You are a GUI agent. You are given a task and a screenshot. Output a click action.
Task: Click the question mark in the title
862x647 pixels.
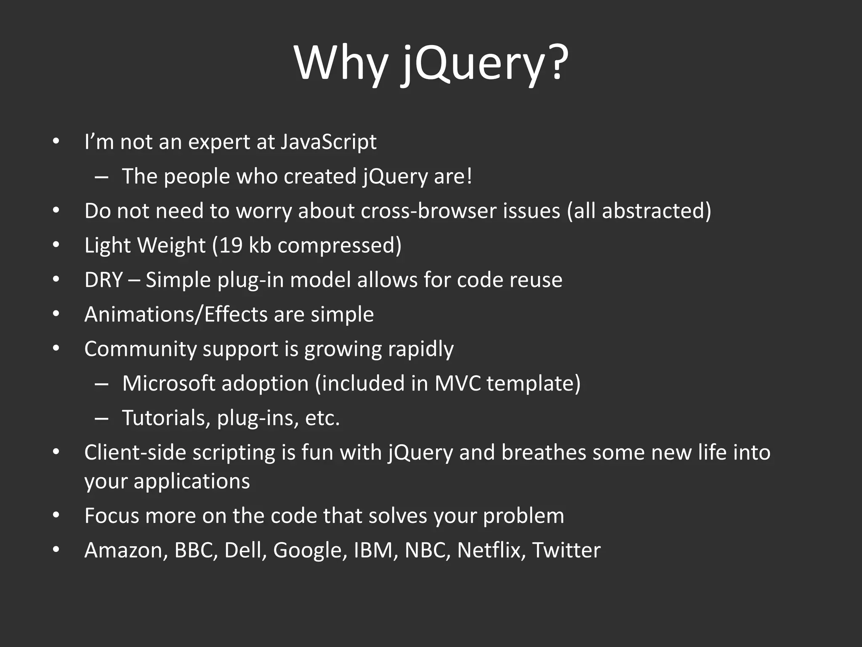tap(556, 63)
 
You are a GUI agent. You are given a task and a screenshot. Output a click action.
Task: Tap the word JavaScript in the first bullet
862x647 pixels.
tap(328, 142)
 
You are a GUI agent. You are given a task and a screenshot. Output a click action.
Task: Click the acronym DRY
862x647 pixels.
tap(104, 280)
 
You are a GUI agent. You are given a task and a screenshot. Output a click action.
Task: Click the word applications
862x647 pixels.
tap(192, 481)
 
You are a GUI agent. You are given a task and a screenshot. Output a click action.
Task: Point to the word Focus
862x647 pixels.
tap(112, 516)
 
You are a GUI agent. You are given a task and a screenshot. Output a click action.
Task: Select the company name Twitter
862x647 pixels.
tap(566, 551)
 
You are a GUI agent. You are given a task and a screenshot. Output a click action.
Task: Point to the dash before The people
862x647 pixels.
tap(101, 177)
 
